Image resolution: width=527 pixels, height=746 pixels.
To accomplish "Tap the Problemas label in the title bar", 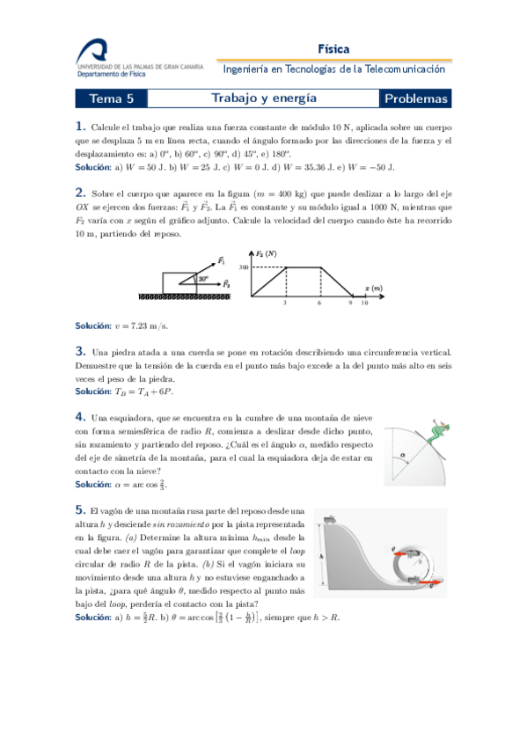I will pyautogui.click(x=416, y=99).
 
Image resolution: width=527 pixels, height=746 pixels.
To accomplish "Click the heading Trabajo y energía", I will pyautogui.click(x=264, y=99).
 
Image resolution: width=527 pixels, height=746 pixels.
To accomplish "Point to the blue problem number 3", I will pyautogui.click(x=80, y=350).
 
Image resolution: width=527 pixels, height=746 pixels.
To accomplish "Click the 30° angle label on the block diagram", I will pyautogui.click(x=203, y=277).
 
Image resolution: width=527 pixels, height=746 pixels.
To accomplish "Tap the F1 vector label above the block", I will pyautogui.click(x=221, y=260).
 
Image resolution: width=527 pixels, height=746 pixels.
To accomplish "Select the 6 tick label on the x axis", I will pyautogui.click(x=319, y=303).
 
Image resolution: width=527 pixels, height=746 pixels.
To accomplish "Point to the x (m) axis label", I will pyautogui.click(x=373, y=289).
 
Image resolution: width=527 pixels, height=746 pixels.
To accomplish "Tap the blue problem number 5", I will pyautogui.click(x=80, y=508).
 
